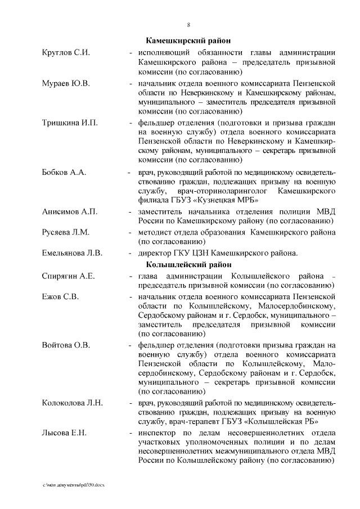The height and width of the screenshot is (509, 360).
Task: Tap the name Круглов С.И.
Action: pos(66,52)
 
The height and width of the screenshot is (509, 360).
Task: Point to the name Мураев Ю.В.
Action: pos(66,83)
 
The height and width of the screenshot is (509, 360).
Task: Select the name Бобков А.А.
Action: pos(64,172)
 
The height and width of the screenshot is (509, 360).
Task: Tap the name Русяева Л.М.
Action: pos(66,232)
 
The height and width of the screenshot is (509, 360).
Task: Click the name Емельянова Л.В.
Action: pos(72,253)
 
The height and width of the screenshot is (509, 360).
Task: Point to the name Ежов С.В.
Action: pos(60,296)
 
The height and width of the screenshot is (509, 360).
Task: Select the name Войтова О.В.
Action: pos(66,344)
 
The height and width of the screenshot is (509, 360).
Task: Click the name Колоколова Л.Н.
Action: pos(72,403)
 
